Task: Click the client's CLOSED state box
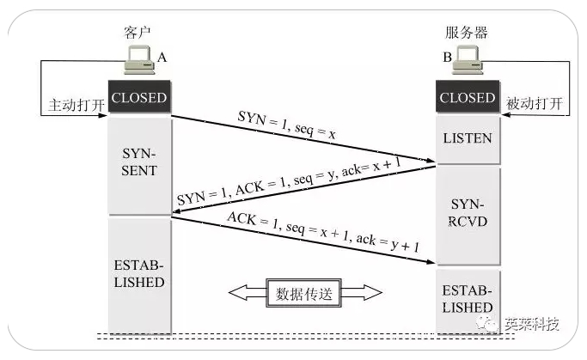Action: point(138,97)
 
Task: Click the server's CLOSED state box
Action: point(467,97)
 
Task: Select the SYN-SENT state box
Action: point(138,161)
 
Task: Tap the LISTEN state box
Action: point(467,137)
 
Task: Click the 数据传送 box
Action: point(304,293)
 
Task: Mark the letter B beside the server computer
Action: point(447,57)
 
